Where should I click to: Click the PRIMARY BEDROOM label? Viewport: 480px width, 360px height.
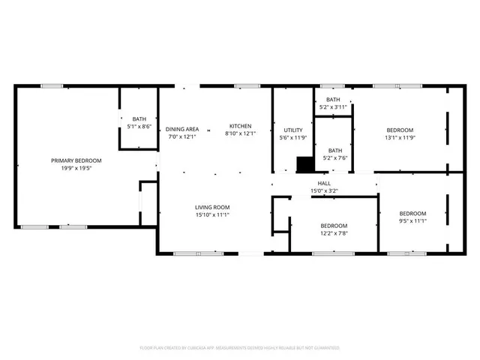tap(76, 160)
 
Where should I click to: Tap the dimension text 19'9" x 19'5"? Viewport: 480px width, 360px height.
tap(76, 169)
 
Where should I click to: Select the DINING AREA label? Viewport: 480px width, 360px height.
tap(182, 129)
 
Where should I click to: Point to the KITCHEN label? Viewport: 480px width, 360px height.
tap(240, 126)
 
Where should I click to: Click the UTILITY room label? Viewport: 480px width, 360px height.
tap(292, 130)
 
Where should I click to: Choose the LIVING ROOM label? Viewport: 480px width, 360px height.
tap(212, 207)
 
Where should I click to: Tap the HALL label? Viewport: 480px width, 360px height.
tap(324, 183)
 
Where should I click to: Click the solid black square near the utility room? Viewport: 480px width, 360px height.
tap(305, 164)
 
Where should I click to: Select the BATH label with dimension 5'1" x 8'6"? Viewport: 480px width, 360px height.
tap(139, 118)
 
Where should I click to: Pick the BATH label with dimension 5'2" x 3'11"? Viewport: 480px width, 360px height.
tap(333, 100)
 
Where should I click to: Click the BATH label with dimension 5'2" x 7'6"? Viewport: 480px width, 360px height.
tap(334, 150)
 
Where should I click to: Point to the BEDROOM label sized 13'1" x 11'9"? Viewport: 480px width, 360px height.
tap(399, 130)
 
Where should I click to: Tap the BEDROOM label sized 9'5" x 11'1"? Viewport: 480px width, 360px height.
tap(412, 213)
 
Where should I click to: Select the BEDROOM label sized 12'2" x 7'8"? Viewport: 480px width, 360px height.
tap(334, 226)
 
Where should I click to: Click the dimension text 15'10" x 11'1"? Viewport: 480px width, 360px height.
tap(212, 215)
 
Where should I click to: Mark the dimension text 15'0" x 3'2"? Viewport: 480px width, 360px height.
tap(324, 191)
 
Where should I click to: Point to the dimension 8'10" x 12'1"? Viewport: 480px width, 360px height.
tap(240, 134)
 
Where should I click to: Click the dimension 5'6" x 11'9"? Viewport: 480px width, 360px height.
tap(292, 138)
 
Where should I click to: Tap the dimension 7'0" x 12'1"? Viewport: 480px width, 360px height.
tap(182, 137)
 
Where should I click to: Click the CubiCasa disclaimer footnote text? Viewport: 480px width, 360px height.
tap(240, 348)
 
